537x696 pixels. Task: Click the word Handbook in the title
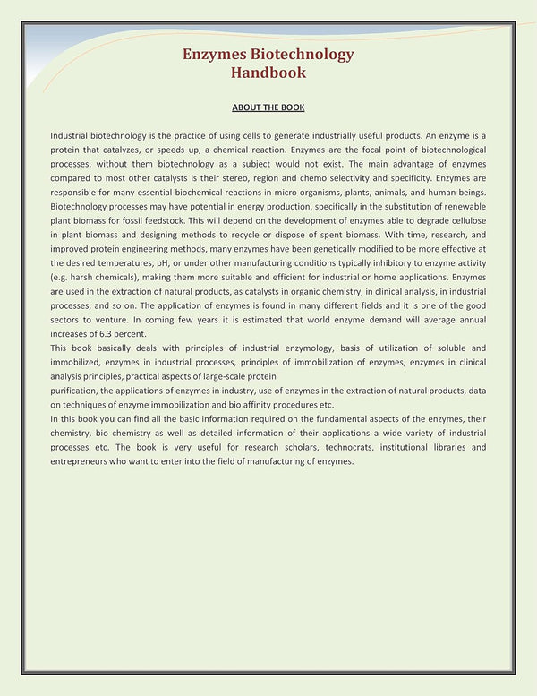click(x=268, y=73)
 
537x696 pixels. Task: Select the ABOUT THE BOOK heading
click(x=268, y=107)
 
